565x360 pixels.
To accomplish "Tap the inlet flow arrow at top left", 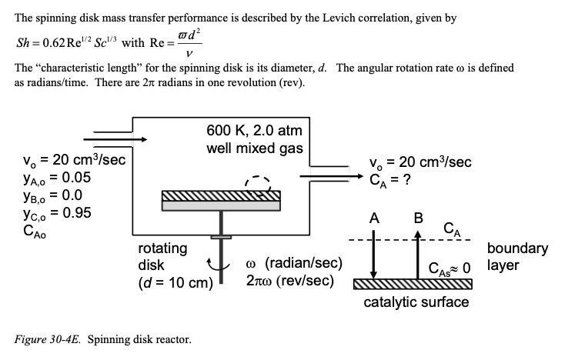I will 115,139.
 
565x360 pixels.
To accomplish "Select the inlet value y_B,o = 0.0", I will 51,195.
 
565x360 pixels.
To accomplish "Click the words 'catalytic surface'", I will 416,302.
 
